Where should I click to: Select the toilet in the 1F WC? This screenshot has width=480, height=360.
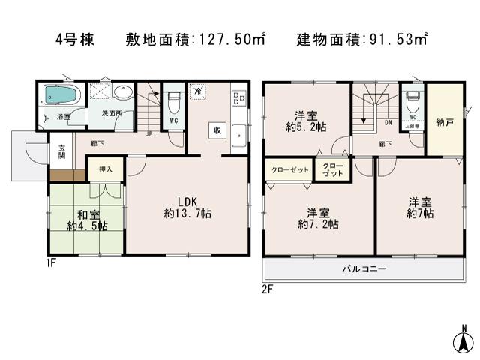173,98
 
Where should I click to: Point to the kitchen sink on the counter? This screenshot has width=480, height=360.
239,136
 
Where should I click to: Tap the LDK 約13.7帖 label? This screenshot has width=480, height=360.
187,208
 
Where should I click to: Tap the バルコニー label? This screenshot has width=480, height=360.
364,268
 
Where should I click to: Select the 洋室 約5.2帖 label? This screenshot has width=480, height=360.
305,121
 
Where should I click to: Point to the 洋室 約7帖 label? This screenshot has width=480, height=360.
418,208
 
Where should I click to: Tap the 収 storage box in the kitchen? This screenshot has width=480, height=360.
216,129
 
